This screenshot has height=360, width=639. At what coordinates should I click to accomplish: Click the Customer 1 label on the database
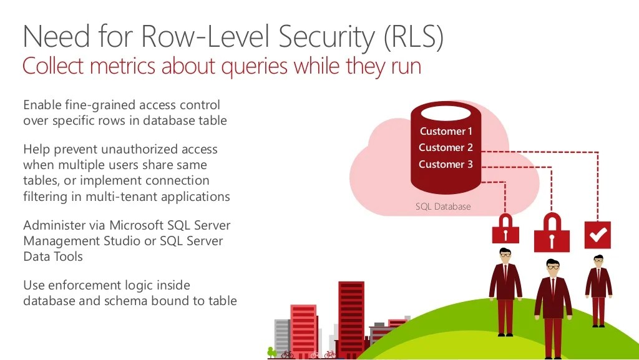[446, 131]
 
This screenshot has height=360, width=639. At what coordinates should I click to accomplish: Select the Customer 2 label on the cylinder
[446, 148]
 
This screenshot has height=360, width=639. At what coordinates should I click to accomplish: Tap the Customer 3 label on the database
[446, 165]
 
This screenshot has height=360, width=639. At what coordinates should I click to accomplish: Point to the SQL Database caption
[443, 207]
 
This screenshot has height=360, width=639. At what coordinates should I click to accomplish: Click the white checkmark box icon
[597, 235]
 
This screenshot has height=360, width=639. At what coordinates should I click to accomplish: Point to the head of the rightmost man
[598, 260]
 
